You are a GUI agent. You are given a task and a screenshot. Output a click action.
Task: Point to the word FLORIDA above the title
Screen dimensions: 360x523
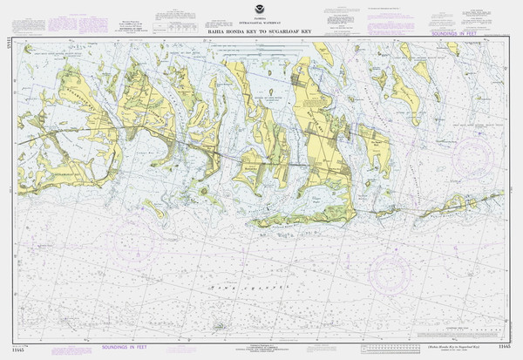click(261, 14)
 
